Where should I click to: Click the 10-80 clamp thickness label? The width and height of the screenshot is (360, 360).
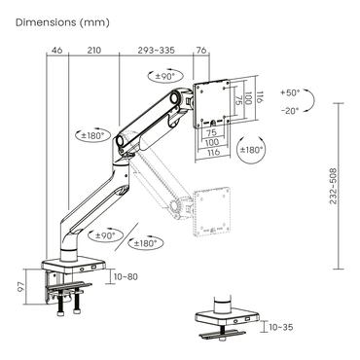click(x=127, y=277)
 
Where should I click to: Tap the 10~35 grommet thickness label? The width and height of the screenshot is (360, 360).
click(x=281, y=327)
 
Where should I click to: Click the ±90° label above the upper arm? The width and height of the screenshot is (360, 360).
click(x=167, y=76)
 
